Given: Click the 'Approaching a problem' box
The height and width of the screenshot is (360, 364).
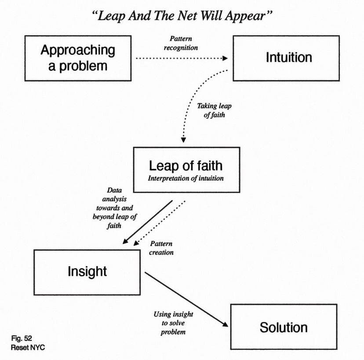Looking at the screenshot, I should (x=78, y=58).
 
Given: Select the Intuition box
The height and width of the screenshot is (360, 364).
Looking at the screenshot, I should (x=286, y=58).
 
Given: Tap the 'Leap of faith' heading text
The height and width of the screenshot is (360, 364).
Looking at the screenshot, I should (x=186, y=165).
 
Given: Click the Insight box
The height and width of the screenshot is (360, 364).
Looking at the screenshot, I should (x=87, y=272).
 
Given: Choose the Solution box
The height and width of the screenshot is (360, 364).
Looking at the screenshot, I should (x=284, y=327).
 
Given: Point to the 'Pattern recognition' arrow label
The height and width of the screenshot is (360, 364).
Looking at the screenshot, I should (x=181, y=43).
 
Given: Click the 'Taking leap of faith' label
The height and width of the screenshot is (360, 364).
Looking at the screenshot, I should (x=214, y=110).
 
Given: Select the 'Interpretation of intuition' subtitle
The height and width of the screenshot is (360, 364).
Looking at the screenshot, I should (x=186, y=178).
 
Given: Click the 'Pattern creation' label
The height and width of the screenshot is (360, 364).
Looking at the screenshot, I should (x=161, y=248).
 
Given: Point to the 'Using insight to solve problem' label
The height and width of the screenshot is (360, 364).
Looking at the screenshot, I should (x=173, y=323).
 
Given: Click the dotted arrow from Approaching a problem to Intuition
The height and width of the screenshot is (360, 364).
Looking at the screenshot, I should (x=180, y=58).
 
